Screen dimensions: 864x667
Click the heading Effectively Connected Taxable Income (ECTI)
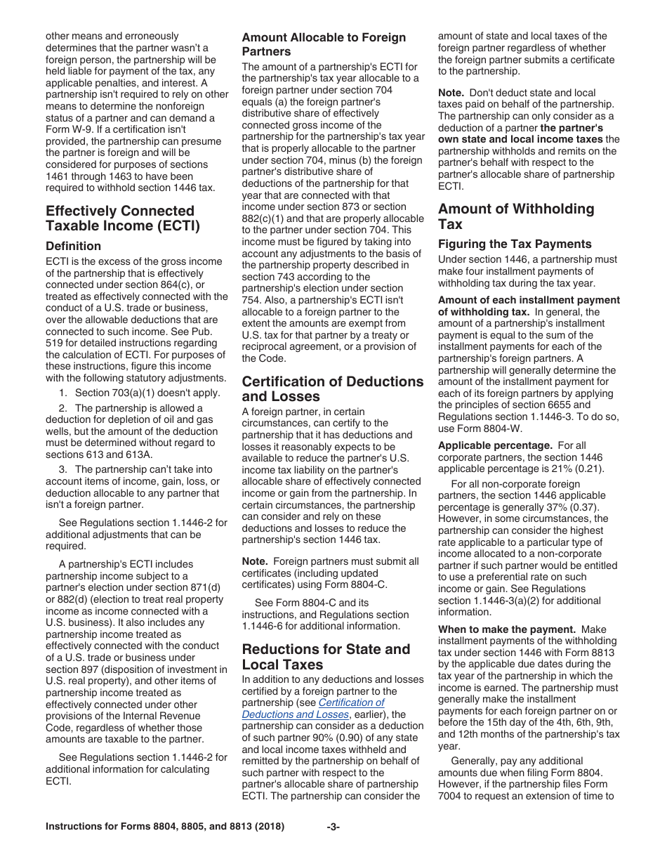click(122, 218)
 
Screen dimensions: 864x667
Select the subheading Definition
click(73, 246)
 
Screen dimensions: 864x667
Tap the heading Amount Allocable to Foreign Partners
click(324, 44)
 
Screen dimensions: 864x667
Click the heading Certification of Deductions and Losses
click(332, 389)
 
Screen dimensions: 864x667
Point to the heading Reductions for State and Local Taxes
click(326, 657)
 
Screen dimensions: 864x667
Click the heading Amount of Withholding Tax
click(515, 216)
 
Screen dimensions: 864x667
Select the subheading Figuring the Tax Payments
click(515, 244)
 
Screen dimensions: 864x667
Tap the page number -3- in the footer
click(333, 827)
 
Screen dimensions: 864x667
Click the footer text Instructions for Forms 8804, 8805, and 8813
click(164, 827)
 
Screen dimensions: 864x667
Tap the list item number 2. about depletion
click(63, 408)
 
